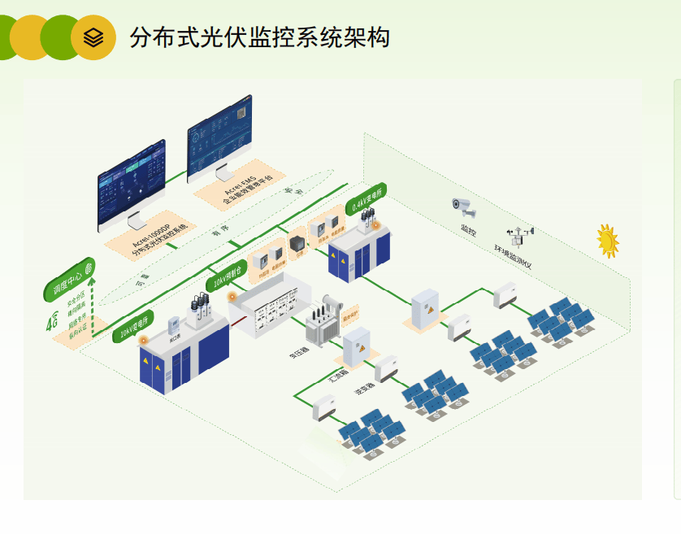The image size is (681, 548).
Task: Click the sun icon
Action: pos(607,240)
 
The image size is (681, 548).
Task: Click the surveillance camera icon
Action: pos(464,207)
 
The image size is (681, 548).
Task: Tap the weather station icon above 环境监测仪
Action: pos(522,237)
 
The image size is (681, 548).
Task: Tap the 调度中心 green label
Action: pos(70,279)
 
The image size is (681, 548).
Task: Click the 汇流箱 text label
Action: pos(337,376)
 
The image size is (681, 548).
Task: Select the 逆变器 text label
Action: pos(362,390)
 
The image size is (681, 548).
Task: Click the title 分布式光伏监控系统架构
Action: pos(259,37)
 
